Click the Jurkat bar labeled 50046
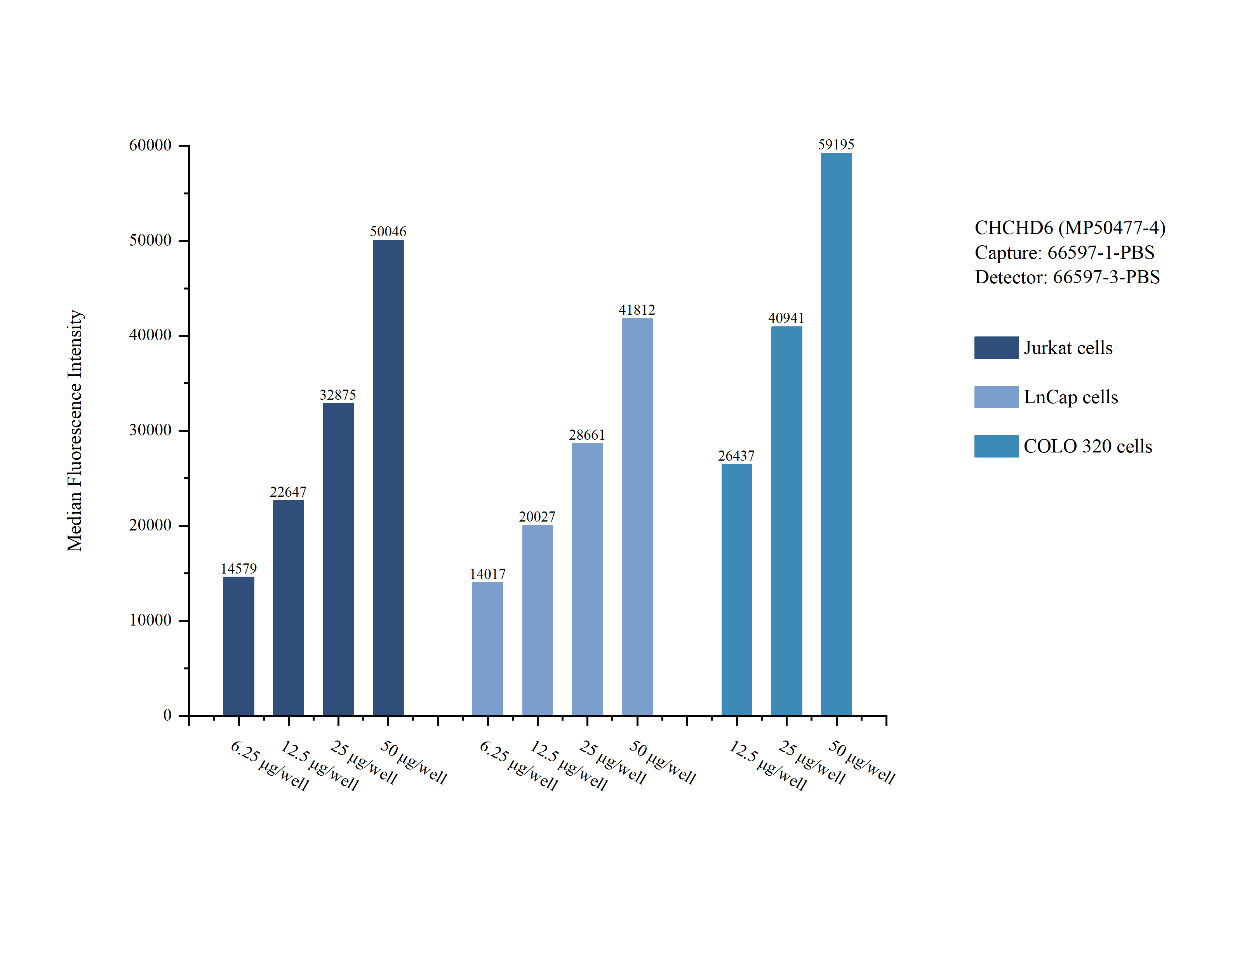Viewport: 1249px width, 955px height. coord(388,477)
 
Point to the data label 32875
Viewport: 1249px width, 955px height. coord(338,395)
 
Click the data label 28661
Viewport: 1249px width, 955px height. coord(586,435)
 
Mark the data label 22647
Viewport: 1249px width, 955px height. coord(288,492)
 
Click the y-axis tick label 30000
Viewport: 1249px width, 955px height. coord(150,430)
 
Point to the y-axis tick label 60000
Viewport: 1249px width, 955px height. coord(150,146)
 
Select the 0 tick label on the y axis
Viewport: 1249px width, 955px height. coord(167,715)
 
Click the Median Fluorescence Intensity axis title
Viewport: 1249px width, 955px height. coord(75,430)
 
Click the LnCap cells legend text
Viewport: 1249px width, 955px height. coord(1070,397)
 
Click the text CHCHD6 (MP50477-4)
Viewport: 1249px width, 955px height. coord(1070,227)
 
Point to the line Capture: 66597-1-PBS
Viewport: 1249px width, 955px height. coord(1064,252)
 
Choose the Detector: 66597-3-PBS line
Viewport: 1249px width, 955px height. coord(1067,277)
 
